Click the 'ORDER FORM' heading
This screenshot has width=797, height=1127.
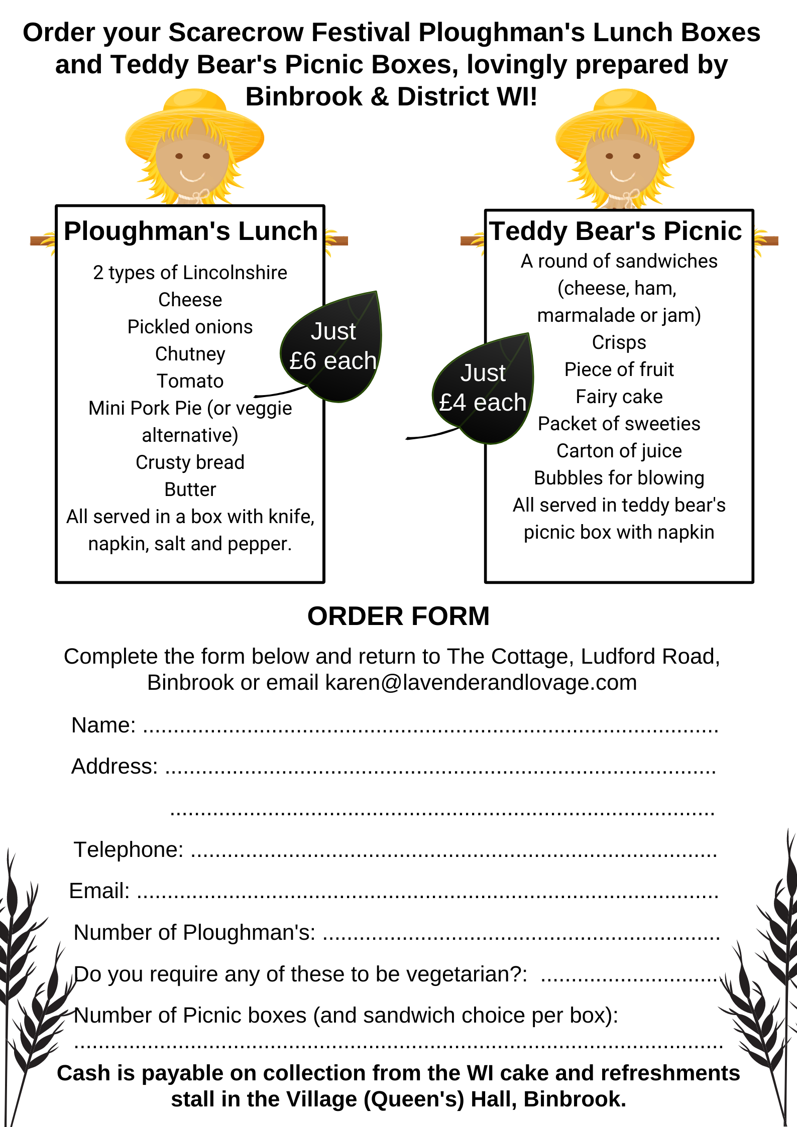tap(398, 616)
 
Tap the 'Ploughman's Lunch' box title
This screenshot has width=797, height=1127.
tap(190, 231)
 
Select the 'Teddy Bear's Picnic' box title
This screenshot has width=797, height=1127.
tap(616, 231)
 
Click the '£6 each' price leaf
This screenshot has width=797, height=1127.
tap(333, 346)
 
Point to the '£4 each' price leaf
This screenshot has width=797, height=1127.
tap(483, 388)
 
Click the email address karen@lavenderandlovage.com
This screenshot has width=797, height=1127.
tap(481, 683)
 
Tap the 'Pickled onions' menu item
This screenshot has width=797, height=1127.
tap(190, 327)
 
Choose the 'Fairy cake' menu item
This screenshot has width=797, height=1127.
tap(619, 397)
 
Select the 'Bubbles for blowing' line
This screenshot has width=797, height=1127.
tap(619, 478)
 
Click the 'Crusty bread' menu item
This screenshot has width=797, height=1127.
tap(190, 462)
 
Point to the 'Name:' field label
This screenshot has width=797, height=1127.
tap(103, 725)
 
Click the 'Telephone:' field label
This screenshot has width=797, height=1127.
tap(129, 850)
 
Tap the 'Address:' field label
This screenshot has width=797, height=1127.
tap(115, 766)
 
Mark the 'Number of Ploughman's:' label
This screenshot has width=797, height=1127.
tap(194, 932)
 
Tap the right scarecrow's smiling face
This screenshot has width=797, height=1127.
tap(623, 163)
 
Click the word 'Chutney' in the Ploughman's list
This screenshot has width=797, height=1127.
tap(190, 354)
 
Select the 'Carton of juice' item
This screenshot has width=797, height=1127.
tap(619, 451)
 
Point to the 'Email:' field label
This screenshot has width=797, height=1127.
tap(99, 891)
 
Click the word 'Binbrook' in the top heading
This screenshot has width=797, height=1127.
tap(304, 96)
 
